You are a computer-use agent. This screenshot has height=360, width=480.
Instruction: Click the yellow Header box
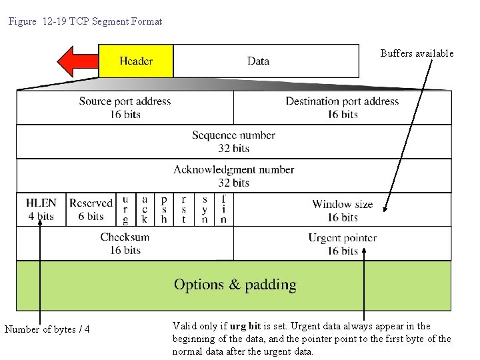(x=136, y=61)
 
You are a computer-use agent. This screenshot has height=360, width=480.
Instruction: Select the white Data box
(x=259, y=61)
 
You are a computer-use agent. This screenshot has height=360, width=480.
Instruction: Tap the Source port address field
(x=125, y=107)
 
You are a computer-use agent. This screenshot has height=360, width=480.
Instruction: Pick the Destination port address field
(x=342, y=107)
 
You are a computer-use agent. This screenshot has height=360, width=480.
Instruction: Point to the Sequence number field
(x=233, y=141)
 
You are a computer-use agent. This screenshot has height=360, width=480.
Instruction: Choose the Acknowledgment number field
(x=233, y=175)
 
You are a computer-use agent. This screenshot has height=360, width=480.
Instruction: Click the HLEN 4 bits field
(x=41, y=209)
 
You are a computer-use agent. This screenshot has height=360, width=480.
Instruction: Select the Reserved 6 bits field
(x=91, y=209)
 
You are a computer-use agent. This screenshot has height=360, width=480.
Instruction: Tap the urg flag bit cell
(x=125, y=209)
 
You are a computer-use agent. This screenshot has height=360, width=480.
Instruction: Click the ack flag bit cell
(x=144, y=209)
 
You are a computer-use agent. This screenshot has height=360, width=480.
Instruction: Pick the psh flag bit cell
(x=164, y=209)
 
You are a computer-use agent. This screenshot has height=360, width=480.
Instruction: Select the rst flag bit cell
(x=184, y=209)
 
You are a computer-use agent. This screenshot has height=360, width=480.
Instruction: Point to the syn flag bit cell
(x=204, y=209)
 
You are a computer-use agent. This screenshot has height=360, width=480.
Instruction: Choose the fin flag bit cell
(x=223, y=209)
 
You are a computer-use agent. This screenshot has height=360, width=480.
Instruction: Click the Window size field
(x=342, y=210)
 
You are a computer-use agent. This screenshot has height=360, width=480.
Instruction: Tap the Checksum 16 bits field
(x=125, y=243)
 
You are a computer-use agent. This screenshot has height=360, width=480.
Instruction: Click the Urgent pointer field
(x=342, y=243)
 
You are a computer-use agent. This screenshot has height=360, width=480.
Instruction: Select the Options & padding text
(x=235, y=285)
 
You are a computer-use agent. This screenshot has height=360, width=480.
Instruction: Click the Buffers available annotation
(x=417, y=53)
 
